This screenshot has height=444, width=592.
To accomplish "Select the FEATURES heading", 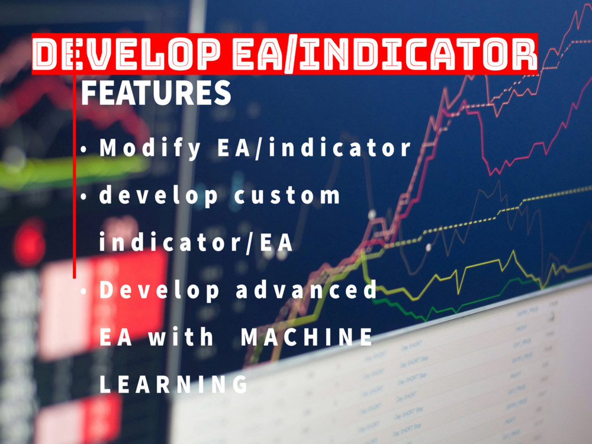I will tap(156, 94).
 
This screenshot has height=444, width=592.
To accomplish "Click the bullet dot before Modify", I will tap(84, 150).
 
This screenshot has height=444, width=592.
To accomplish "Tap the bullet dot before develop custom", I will tap(84, 197).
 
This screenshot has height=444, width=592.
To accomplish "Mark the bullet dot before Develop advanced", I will tap(84, 291).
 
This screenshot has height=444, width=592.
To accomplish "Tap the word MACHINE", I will tap(307, 337).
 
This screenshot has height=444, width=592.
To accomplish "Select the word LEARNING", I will tap(173, 385).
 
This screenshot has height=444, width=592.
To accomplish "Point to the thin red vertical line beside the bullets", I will tap(75, 178).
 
